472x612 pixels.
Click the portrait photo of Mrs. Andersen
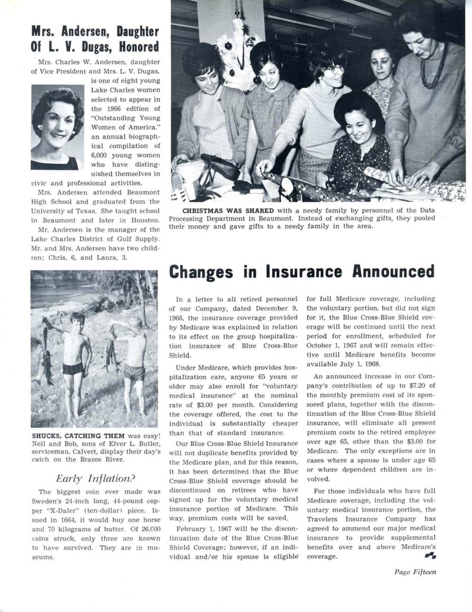click(57, 127)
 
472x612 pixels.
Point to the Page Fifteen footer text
click(415, 572)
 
